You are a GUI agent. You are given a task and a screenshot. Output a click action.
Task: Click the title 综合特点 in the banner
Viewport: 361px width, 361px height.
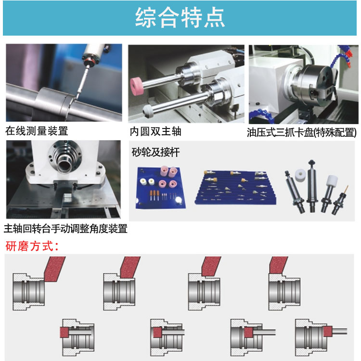click(180, 18)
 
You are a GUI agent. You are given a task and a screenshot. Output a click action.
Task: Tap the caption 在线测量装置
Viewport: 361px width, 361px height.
click(37, 131)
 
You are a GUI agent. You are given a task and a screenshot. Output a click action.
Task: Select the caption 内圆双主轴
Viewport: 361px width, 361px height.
click(155, 131)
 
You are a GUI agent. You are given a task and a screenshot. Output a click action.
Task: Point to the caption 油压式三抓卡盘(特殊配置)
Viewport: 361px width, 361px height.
click(302, 132)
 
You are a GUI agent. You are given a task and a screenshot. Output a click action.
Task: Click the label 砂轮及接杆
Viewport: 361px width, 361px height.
click(155, 152)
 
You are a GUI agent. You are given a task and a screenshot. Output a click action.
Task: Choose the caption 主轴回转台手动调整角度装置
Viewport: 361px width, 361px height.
click(65, 229)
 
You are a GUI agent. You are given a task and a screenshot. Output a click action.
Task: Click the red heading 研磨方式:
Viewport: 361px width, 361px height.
click(32, 246)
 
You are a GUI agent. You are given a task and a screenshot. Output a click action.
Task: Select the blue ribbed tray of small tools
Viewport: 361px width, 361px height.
click(236, 188)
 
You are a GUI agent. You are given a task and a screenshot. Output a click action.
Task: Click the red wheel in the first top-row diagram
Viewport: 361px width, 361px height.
click(54, 269)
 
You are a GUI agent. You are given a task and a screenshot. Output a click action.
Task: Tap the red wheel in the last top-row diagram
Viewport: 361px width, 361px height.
click(278, 265)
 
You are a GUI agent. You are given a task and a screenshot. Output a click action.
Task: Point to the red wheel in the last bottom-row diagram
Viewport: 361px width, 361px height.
click(327, 331)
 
